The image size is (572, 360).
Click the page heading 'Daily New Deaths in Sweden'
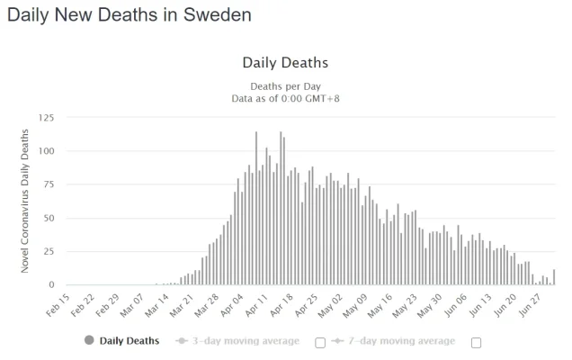click(x=129, y=15)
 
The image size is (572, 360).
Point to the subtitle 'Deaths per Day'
click(x=285, y=86)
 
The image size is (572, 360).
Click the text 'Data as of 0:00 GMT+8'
click(x=285, y=98)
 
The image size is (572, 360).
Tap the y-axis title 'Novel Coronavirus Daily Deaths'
click(x=25, y=201)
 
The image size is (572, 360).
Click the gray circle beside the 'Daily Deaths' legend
click(x=88, y=341)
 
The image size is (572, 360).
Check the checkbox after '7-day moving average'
click(x=477, y=342)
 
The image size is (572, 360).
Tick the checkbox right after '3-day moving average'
click(x=320, y=342)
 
